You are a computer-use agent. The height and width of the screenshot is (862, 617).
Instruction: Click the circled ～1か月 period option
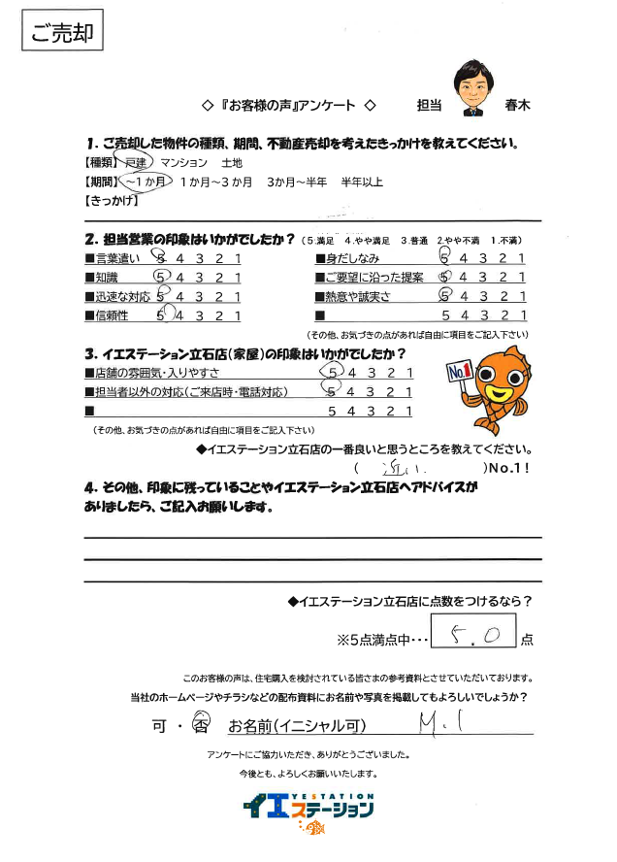(146, 182)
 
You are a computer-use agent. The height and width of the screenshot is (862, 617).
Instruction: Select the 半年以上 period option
(362, 182)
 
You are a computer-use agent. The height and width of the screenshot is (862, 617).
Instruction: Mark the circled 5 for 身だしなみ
(444, 258)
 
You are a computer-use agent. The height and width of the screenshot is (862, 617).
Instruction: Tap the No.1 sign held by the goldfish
(460, 371)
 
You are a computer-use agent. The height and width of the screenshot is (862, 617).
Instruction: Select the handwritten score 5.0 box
(471, 637)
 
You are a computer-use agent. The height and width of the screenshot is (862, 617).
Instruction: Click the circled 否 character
(202, 724)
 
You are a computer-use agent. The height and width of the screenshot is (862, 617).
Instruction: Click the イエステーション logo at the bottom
(308, 807)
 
